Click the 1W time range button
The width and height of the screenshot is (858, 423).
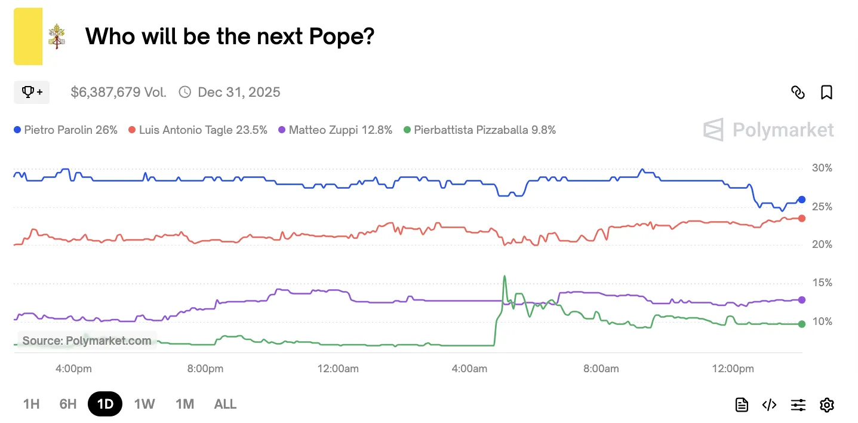pyautogui.click(x=144, y=404)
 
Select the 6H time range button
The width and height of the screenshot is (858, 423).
pyautogui.click(x=68, y=404)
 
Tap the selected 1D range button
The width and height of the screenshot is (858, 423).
pyautogui.click(x=105, y=404)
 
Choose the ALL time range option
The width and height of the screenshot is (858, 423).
pyautogui.click(x=225, y=404)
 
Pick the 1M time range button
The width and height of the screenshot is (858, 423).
pyautogui.click(x=184, y=404)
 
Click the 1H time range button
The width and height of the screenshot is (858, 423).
pyautogui.click(x=31, y=404)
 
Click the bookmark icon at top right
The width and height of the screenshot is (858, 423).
pyautogui.click(x=826, y=92)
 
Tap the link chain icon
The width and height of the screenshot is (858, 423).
pyautogui.click(x=798, y=92)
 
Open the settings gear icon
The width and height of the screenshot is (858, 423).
pyautogui.click(x=826, y=405)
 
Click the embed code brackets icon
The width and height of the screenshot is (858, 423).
pyautogui.click(x=769, y=405)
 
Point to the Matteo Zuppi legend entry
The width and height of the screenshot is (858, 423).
pyautogui.click(x=336, y=130)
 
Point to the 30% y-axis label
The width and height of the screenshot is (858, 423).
pyautogui.click(x=822, y=168)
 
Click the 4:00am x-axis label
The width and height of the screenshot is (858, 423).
pyautogui.click(x=469, y=369)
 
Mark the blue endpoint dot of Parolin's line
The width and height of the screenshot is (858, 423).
pyautogui.click(x=801, y=200)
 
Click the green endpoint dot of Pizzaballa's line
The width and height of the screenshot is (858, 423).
pyautogui.click(x=801, y=324)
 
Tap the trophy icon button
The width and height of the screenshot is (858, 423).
pyautogui.click(x=32, y=92)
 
